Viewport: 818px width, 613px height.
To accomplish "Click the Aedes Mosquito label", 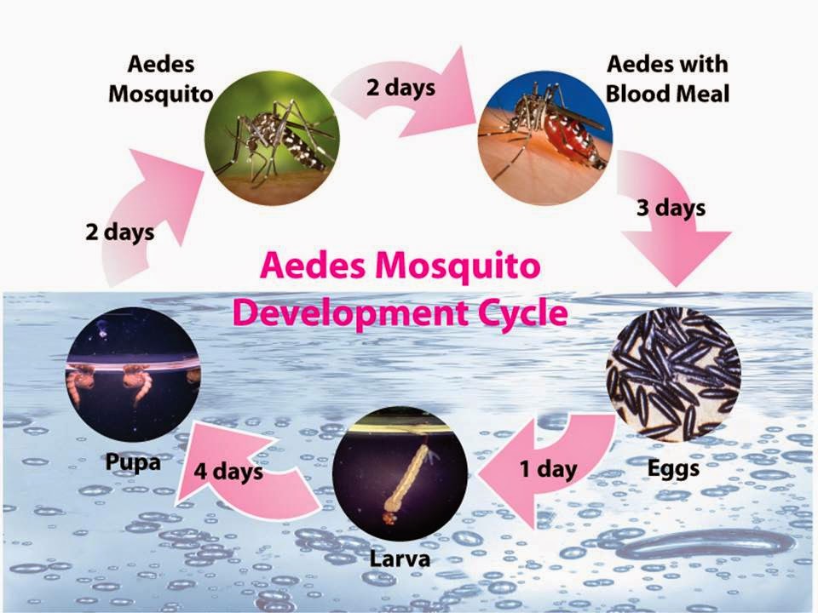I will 160,78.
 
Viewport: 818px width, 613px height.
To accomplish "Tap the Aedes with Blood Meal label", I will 668,78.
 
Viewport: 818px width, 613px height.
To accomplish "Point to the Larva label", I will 400,560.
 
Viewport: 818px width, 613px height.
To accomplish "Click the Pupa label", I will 134,462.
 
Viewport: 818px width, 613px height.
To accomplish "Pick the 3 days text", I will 671,208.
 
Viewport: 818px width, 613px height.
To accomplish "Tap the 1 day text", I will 548,468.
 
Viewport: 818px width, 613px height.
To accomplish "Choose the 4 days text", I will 228,470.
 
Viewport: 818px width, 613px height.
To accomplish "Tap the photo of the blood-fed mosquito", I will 545,136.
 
